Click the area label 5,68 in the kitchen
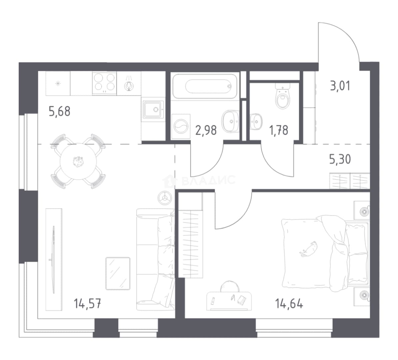click(59, 111)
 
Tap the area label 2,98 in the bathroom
click(206, 130)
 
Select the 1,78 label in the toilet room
click(279, 130)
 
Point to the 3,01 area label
click(340, 86)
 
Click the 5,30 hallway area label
click(340, 159)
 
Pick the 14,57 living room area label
click(88, 303)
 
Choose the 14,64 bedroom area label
click(289, 303)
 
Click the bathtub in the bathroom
click(205, 86)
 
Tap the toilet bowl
click(283, 96)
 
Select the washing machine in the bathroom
click(181, 126)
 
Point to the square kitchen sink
click(153, 109)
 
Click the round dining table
click(78, 161)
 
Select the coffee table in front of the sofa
click(118, 273)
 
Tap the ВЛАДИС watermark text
click(208, 180)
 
